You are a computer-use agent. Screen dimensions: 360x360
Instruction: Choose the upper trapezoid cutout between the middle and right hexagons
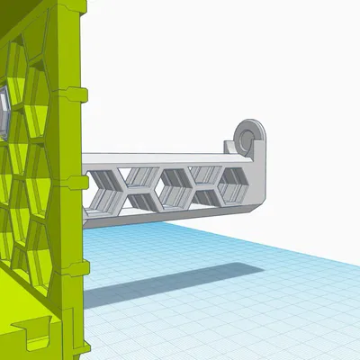pyautogui.click(x=204, y=173)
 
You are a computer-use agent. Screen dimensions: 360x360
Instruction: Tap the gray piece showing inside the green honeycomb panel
pyautogui.click(x=3, y=112)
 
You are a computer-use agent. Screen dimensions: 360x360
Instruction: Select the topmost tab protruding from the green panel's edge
pyautogui.click(x=77, y=91)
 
